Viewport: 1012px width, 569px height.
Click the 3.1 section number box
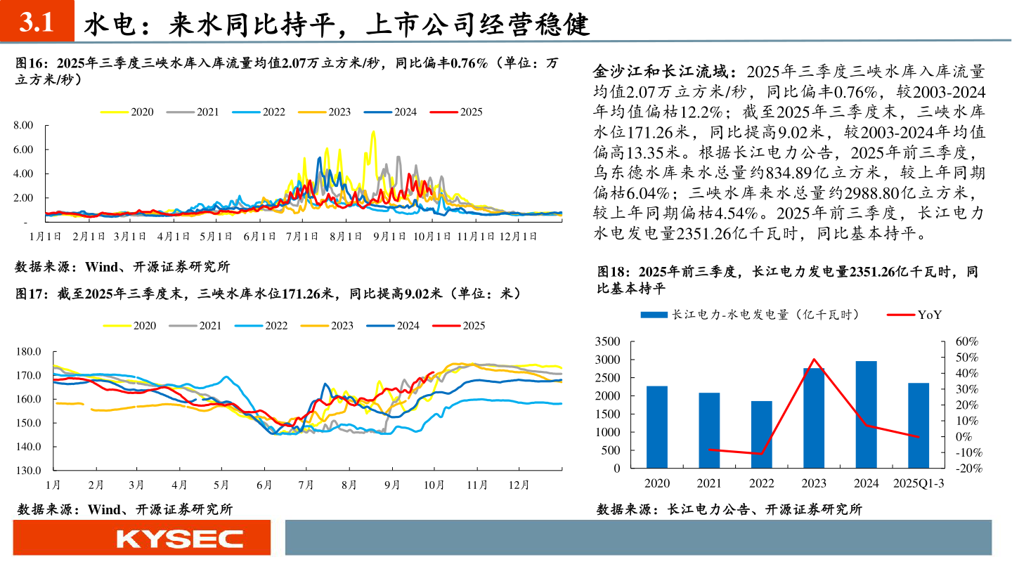pos(37,23)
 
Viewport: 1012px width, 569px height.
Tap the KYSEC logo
pos(179,539)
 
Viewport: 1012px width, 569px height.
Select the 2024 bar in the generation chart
pos(866,414)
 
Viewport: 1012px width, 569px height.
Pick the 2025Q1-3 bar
pos(919,425)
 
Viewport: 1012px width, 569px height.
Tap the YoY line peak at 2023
pos(814,359)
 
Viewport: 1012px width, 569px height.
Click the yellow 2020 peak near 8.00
pos(373,131)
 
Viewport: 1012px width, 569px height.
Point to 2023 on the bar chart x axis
pos(814,483)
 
